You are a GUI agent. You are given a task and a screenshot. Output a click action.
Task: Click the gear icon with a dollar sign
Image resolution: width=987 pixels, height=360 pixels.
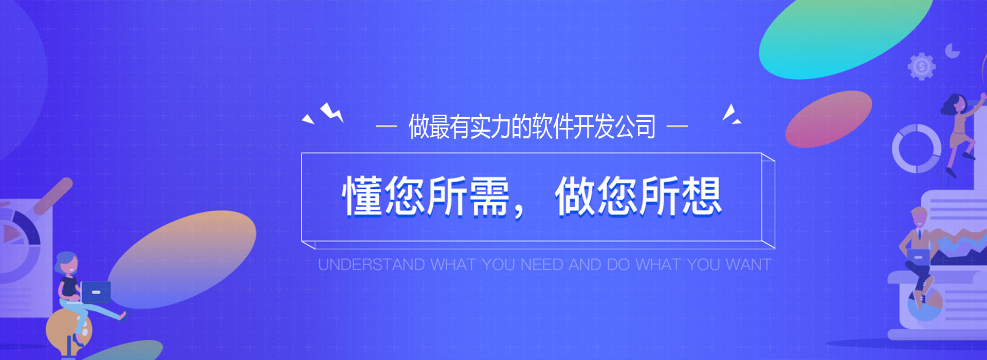[922, 66]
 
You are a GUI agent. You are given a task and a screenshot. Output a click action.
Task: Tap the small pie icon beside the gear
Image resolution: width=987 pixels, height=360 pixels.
[952, 50]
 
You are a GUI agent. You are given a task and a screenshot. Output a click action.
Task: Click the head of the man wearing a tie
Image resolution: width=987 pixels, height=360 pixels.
[919, 218]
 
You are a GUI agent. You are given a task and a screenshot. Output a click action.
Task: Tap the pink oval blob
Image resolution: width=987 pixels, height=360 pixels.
[828, 119]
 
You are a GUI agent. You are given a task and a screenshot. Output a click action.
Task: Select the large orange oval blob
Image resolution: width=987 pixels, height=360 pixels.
[181, 260]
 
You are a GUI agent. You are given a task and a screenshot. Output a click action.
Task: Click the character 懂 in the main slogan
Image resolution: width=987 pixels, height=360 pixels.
[363, 195]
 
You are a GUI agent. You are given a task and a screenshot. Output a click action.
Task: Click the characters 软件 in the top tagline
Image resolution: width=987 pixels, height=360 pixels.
[553, 126]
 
